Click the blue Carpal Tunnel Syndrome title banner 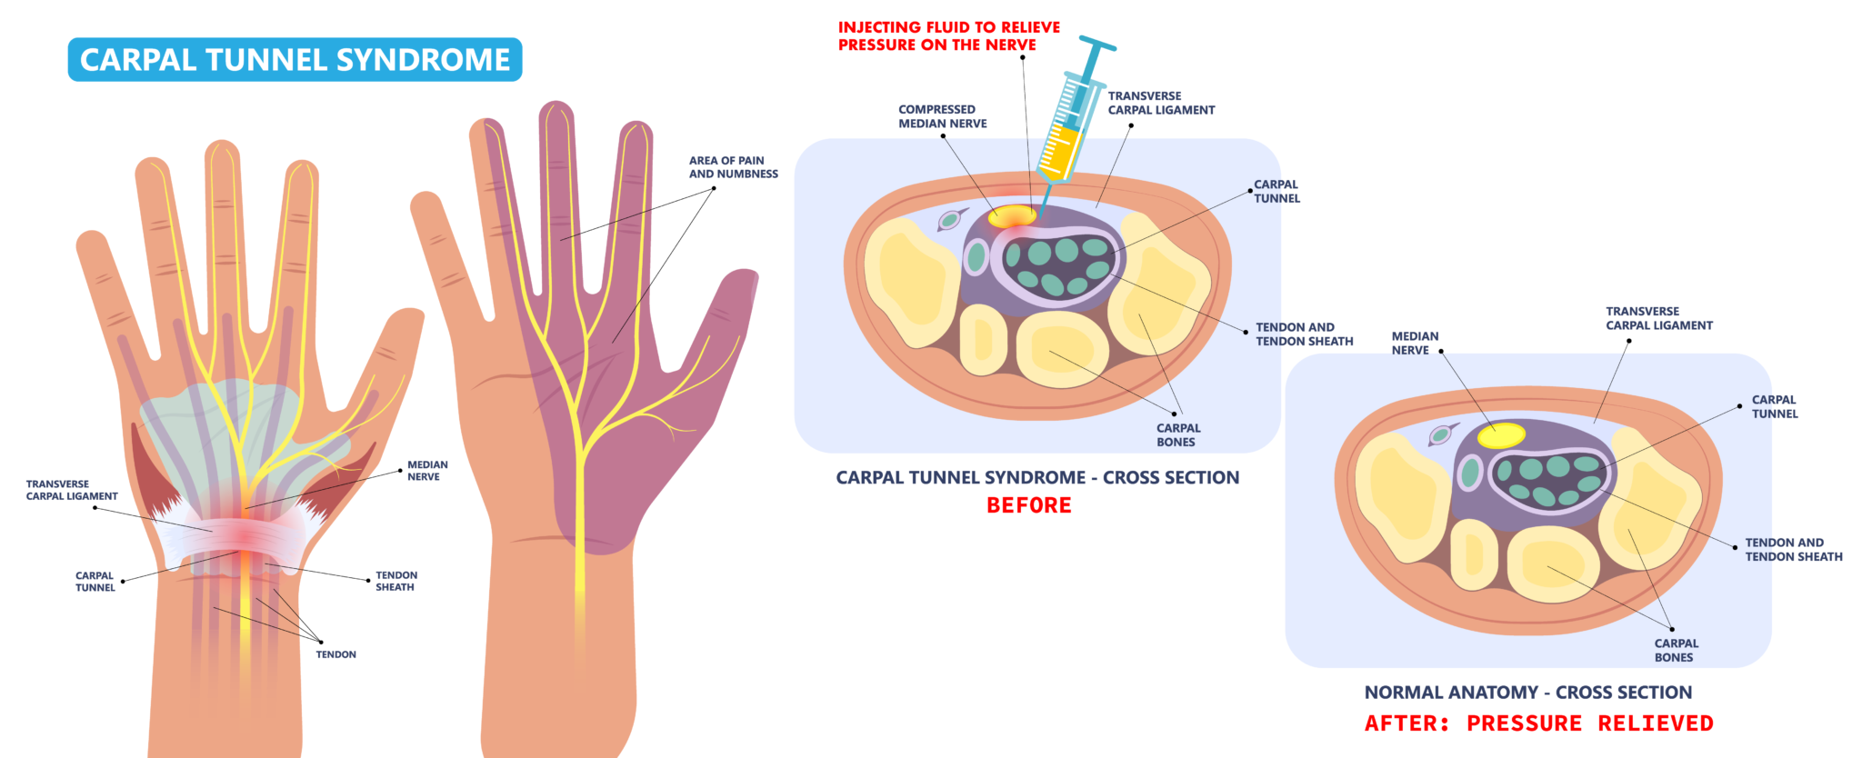pos(295,60)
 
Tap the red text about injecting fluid pos(948,36)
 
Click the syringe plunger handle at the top pos(1096,45)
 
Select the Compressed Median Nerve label pos(942,116)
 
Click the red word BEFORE pos(1028,505)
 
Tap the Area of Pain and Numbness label pos(733,167)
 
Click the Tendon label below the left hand pos(335,654)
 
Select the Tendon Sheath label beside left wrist pos(395,581)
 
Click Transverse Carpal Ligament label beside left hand pos(72,490)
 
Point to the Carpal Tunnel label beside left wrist pos(95,582)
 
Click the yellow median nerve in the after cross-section pos(1501,435)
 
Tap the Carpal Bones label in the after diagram pos(1675,650)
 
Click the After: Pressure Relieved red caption pos(1538,723)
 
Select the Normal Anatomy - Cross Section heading pos(1527,693)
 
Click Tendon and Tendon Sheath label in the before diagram pos(1304,334)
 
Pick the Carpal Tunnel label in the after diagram pos(1774,406)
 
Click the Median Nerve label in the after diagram pos(1414,343)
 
